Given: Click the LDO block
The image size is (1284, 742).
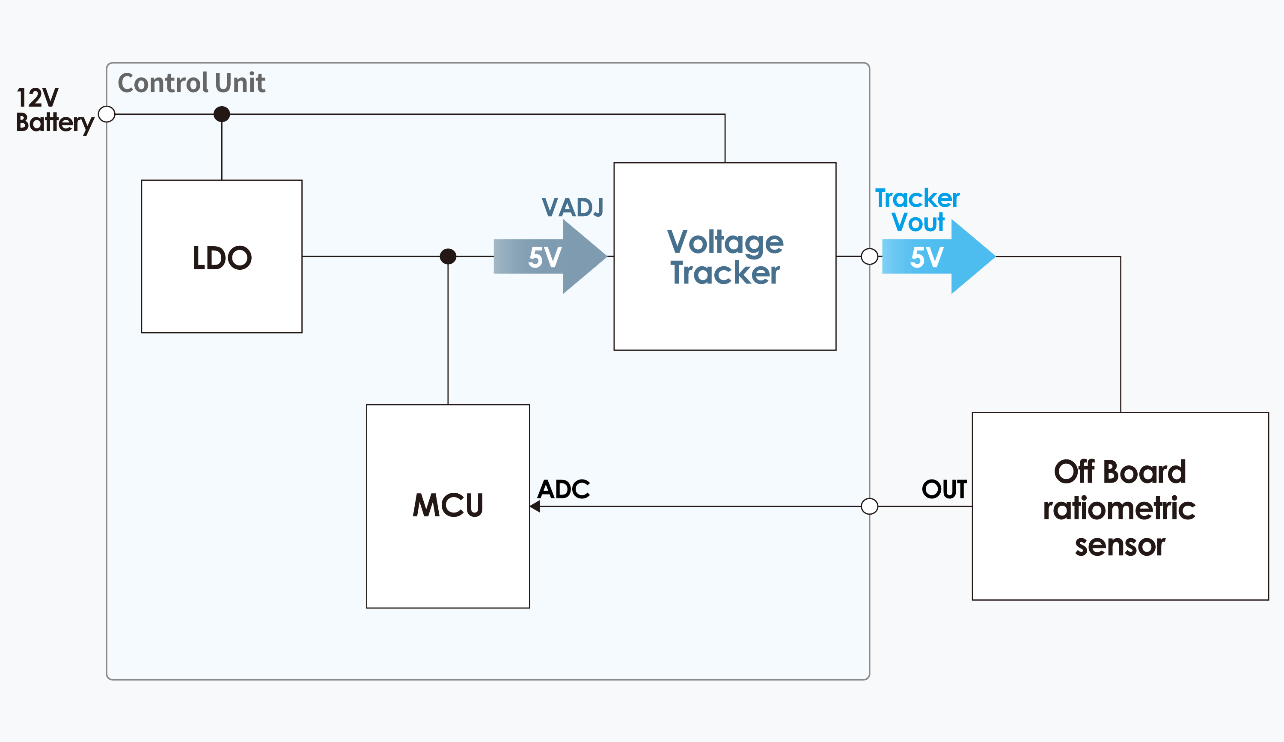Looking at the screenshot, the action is coord(222,256).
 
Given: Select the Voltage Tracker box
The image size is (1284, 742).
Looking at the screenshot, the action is coord(725,256).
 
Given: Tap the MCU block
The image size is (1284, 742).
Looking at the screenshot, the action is coord(448,506).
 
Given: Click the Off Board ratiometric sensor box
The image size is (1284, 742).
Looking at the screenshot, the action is coord(1120,506).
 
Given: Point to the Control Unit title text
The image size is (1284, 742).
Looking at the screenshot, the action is coord(191,83).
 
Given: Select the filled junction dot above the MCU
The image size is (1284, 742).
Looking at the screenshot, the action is coord(448,256).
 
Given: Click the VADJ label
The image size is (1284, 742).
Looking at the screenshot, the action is coord(573,207).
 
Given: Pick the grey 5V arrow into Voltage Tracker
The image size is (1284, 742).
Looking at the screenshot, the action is coord(550,256).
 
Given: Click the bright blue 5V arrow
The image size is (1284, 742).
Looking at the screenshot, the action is coord(939,256).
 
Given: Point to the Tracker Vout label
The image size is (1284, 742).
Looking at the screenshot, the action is coord(917,210).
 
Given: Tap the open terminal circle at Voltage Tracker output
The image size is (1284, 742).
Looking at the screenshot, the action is coord(869,256).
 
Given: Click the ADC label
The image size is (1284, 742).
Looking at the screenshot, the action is coord(564,489).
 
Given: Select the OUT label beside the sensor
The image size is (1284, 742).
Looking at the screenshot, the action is coord(944,489).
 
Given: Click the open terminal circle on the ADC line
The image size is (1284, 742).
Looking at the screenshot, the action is coord(869,506).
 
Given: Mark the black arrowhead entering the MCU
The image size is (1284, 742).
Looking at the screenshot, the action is coord(535,506).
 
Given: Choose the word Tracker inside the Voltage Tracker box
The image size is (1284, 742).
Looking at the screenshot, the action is coord(725,273).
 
